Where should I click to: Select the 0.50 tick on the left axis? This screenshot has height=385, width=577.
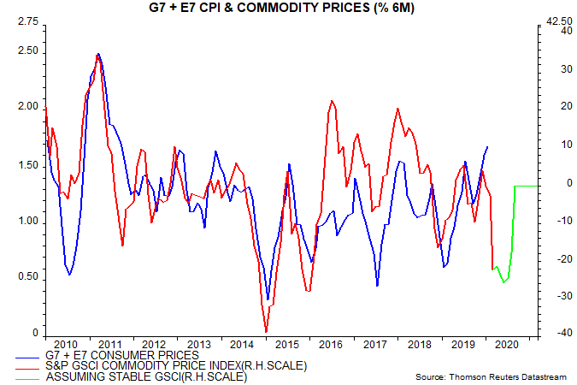(x=26, y=277)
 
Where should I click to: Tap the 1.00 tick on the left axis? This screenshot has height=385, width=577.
(x=26, y=221)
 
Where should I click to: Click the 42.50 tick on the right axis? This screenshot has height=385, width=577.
(x=559, y=21)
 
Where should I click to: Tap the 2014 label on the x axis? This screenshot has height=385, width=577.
(x=242, y=344)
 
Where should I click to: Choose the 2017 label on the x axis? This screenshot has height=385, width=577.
(x=374, y=344)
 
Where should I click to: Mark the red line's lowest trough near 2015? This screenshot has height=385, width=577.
(x=266, y=331)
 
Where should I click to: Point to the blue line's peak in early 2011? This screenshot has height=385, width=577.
(x=98, y=53)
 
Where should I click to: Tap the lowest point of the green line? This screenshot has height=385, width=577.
(x=503, y=282)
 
